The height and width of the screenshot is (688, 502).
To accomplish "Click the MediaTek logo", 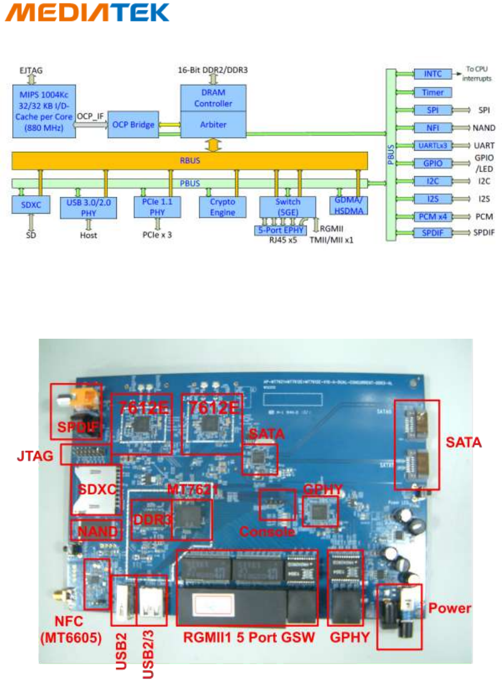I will pos(87,13).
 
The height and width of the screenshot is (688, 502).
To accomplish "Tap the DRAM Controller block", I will pos(213,98).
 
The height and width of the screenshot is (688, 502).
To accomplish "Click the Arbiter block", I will pos(213,125).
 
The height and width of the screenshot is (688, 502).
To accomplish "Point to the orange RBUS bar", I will pos(190,161).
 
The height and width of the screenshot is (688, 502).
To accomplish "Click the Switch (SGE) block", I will pos(287,207).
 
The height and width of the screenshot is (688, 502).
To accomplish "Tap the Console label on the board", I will pos(267,531).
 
